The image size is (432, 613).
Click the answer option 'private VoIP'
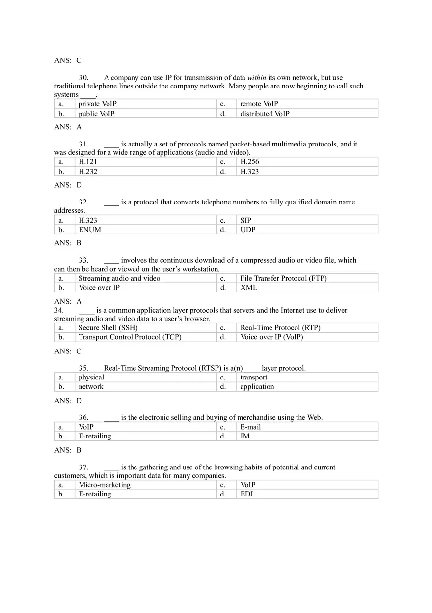pyautogui.click(x=98, y=104)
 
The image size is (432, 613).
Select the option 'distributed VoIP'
pyautogui.click(x=265, y=114)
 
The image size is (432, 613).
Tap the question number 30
pyautogui.click(x=83, y=78)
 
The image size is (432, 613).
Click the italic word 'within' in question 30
pyautogui.click(x=256, y=78)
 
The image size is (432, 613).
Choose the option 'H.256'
pyautogui.click(x=249, y=162)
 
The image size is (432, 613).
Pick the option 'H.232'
pyautogui.click(x=88, y=172)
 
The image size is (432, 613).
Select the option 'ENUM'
pyautogui.click(x=90, y=230)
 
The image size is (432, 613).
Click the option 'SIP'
pyautogui.click(x=245, y=221)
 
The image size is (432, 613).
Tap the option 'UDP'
pyautogui.click(x=248, y=230)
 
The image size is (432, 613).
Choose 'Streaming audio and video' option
pyautogui.click(x=119, y=278)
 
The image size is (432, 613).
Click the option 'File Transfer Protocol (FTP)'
pyautogui.click(x=283, y=278)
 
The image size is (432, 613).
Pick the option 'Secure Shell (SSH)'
pyautogui.click(x=108, y=328)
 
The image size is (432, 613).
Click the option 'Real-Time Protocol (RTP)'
pyautogui.click(x=280, y=328)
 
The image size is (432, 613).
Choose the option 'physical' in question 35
pyautogui.click(x=91, y=378)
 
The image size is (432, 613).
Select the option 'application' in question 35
pyautogui.click(x=257, y=387)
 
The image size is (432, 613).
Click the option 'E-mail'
pyautogui.click(x=250, y=427)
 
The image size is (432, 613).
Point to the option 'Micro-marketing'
pyautogui.click(x=105, y=485)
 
